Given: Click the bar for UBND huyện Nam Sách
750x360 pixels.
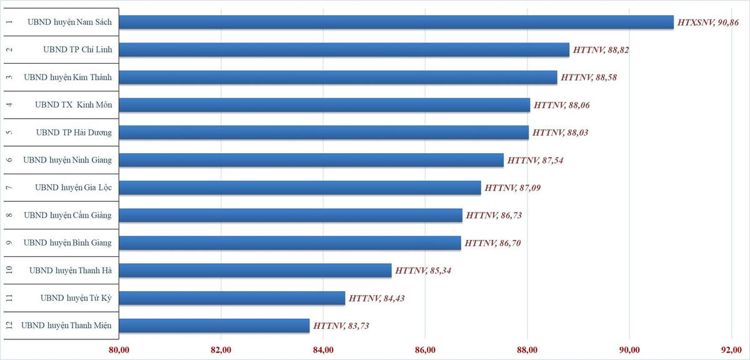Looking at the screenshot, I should pos(396,22).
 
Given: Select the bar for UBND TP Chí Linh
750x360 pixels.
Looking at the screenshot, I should pos(344,49).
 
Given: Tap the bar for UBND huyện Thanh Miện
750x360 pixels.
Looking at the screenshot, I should pos(214,326).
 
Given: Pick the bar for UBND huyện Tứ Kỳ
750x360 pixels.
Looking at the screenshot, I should pos(232,298).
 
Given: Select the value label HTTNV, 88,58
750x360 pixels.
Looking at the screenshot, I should pos(590,77).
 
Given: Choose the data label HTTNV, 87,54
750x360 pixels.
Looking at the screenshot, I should pos(536,161).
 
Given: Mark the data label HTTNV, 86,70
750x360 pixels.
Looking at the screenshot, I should pos(492,243).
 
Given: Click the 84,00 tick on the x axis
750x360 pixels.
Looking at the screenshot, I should pos(323,349).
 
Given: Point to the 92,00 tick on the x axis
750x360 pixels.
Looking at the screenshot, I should pos(732,349).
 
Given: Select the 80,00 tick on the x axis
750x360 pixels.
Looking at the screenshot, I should pos(119,349).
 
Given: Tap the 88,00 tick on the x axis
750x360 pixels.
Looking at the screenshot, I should pos(527,349).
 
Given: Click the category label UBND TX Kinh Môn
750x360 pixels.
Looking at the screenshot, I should pos(74,105).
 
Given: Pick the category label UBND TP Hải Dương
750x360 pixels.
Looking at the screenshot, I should pos(74,132).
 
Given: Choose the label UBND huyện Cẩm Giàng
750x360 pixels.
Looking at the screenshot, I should pos(67,216).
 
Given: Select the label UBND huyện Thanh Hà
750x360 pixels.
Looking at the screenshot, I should pos(71,271).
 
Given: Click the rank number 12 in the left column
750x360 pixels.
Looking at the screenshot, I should pos(8,326).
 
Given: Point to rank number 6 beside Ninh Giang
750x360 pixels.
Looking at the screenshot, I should pos(8,160).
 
